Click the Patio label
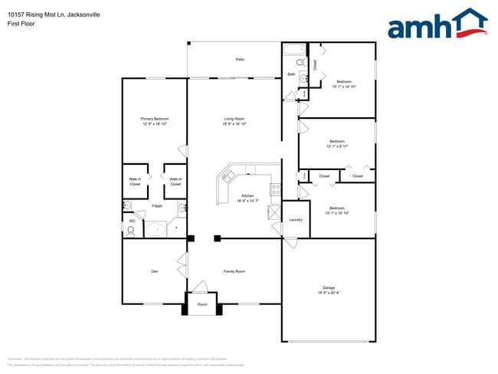click(240, 59)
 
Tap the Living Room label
click(234, 119)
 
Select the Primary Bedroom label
click(155, 119)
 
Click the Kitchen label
click(247, 195)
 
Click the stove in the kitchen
click(274, 189)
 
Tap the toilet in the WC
click(131, 229)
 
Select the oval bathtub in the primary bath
click(158, 228)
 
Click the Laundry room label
click(296, 220)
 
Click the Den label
click(154, 271)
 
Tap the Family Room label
click(234, 271)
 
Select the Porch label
click(202, 304)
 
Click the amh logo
click(437, 25)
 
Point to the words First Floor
click(22, 22)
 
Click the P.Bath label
click(156, 206)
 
